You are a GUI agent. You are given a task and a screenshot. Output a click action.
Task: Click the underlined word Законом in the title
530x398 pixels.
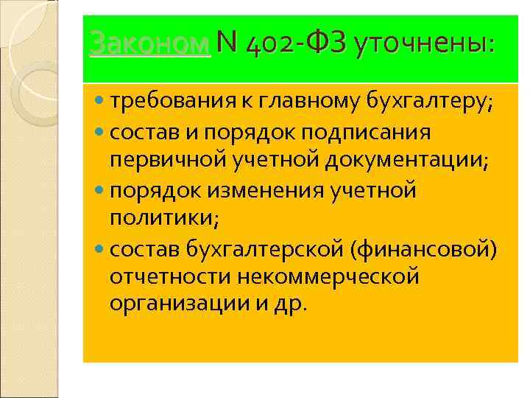150,45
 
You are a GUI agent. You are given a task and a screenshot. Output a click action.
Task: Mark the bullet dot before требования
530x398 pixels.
100,105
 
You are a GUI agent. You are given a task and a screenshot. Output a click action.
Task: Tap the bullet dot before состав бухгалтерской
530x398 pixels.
100,249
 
